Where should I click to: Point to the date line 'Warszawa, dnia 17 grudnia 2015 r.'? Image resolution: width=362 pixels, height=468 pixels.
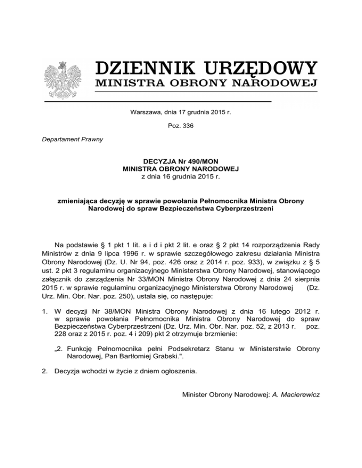click(181, 112)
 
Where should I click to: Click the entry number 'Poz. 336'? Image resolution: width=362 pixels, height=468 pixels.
click(181, 126)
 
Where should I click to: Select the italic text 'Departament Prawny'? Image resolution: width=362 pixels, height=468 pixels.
click(75, 139)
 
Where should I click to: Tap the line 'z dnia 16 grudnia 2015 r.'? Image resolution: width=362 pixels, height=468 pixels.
click(181, 177)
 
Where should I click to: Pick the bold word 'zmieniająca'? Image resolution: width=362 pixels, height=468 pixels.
click(77, 201)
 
